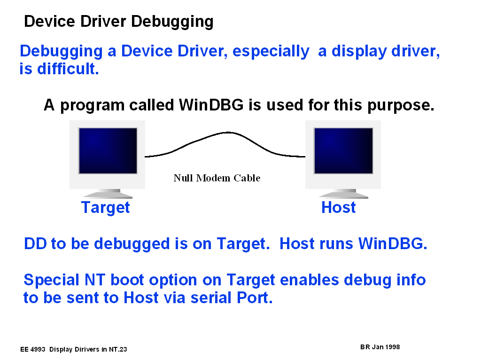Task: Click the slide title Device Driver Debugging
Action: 119,22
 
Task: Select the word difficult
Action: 68,69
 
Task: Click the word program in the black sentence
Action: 92,106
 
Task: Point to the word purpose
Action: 401,106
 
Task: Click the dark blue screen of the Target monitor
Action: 108,151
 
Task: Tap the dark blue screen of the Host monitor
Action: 343,151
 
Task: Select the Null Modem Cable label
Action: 217,178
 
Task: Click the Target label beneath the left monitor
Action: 106,208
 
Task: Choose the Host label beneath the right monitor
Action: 338,207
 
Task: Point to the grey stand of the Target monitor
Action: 108,194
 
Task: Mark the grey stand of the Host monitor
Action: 343,194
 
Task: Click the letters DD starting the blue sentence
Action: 35,244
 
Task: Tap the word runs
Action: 336,244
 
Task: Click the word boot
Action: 127,280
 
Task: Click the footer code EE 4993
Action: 33,349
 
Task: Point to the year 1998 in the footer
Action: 392,347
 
